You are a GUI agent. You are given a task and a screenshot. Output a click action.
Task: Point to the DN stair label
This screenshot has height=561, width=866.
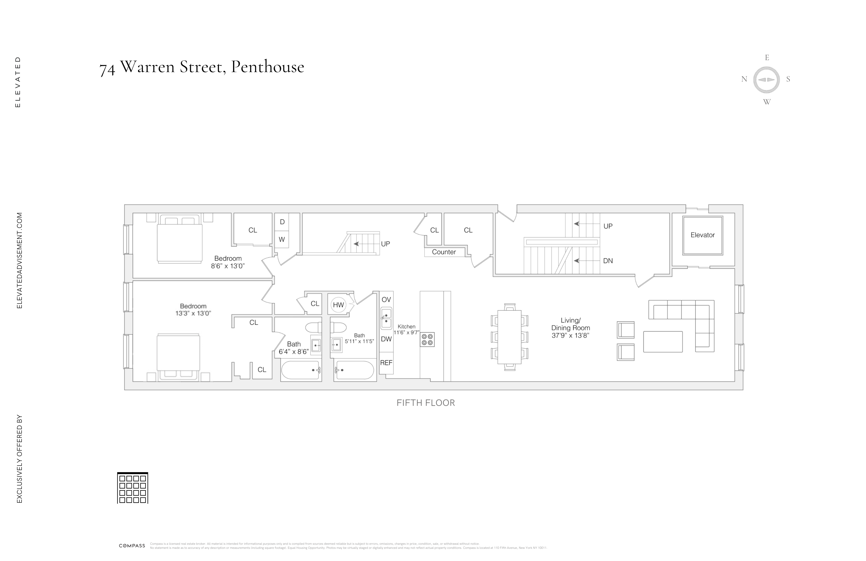click(x=608, y=261)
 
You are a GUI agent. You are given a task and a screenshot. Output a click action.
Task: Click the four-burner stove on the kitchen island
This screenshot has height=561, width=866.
click(x=427, y=339)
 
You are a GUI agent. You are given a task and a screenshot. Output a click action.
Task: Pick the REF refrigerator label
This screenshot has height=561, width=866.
click(x=386, y=363)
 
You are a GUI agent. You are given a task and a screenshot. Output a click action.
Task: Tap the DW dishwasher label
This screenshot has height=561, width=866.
click(x=386, y=339)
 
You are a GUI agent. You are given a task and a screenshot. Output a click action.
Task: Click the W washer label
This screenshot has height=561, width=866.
click(x=282, y=240)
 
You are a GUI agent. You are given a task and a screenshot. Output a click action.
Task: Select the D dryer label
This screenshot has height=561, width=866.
click(x=282, y=222)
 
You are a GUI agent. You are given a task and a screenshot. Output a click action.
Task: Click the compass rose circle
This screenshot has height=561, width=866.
click(x=766, y=80)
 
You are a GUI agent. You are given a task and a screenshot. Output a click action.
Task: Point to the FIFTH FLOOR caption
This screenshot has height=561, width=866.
click(x=426, y=403)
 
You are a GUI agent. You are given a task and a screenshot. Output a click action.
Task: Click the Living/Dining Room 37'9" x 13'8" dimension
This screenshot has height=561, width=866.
click(x=570, y=335)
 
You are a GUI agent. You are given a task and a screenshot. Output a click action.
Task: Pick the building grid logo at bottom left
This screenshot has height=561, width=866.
click(x=132, y=488)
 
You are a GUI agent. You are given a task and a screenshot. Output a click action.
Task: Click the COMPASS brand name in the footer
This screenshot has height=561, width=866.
click(x=132, y=546)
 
